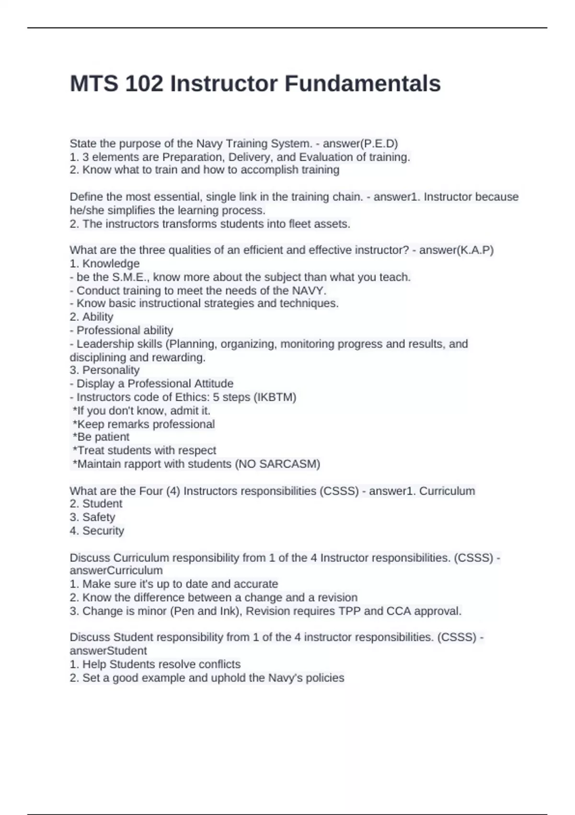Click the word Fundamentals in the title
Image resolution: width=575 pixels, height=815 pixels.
click(363, 84)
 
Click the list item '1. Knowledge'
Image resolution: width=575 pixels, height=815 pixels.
click(104, 263)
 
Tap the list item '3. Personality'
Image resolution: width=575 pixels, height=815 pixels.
click(104, 370)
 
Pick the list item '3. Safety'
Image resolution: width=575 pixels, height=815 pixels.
click(92, 517)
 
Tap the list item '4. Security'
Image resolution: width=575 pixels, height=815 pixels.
click(97, 530)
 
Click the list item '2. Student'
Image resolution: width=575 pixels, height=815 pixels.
click(96, 503)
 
